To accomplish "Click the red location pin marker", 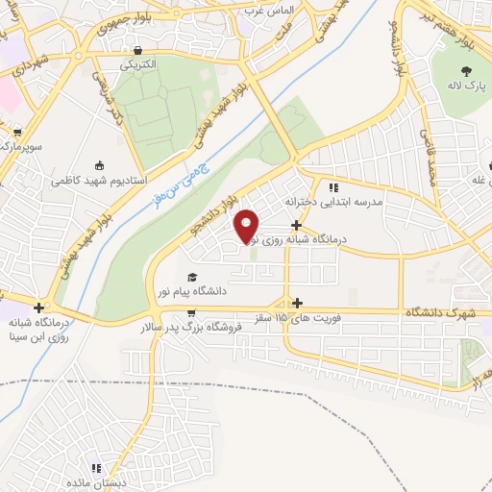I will (247, 225).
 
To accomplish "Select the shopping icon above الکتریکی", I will (140, 50).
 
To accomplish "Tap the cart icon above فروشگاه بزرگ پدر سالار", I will (192, 312).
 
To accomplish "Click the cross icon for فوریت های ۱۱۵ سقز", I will (296, 303).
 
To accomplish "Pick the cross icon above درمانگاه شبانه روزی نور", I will (296, 224).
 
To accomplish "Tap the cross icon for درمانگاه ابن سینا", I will (38, 307).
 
